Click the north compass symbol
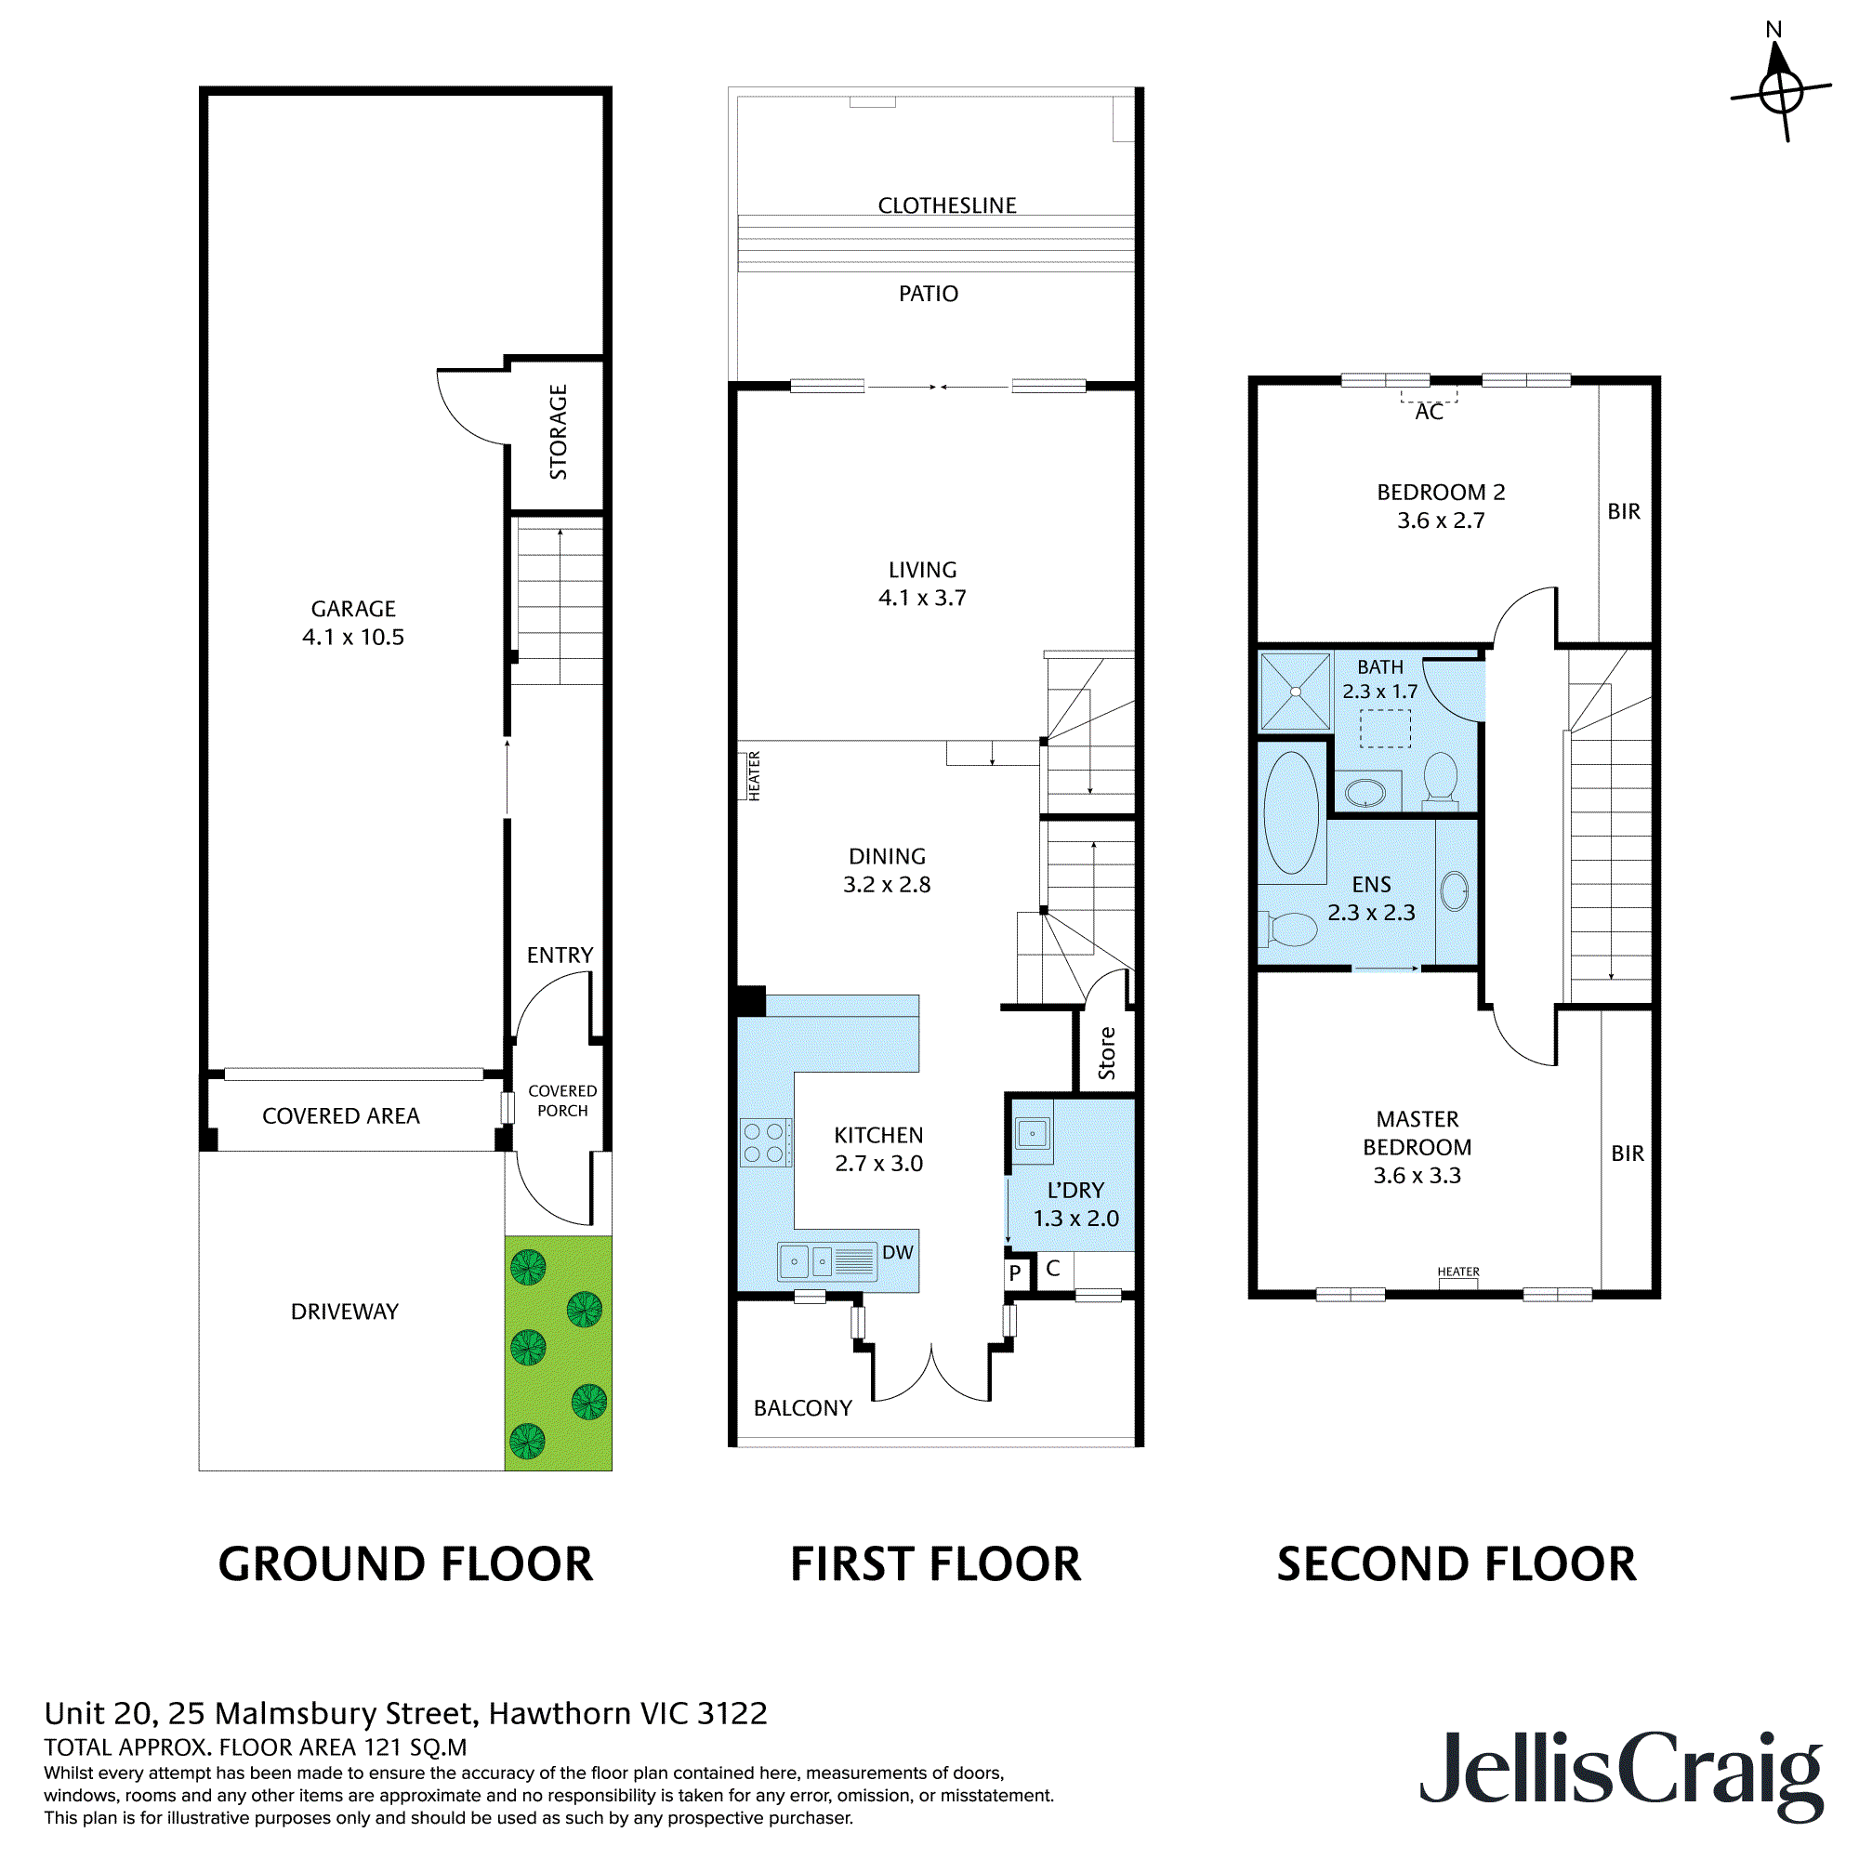tap(1780, 89)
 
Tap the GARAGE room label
tap(353, 609)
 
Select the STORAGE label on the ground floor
tap(558, 432)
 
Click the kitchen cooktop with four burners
tap(765, 1142)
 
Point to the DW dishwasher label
tap(897, 1253)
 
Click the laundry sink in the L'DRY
tap(1033, 1133)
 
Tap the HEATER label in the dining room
tap(755, 775)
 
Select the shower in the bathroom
tap(1295, 691)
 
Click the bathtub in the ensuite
tap(1291, 812)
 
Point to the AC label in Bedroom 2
tap(1429, 413)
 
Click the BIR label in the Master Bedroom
tap(1628, 1154)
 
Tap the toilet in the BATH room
tap(1441, 775)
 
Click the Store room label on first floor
tap(1106, 1053)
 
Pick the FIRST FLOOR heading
tap(935, 1563)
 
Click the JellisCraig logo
tap(1620, 1772)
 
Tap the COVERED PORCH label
tap(562, 1101)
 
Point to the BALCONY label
tap(802, 1407)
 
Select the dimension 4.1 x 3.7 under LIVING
tap(922, 599)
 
